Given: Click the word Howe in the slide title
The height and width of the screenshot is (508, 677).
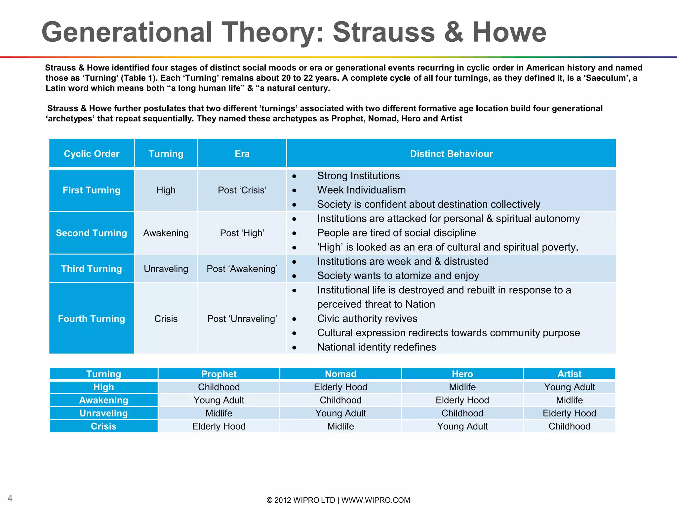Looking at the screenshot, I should click(509, 32).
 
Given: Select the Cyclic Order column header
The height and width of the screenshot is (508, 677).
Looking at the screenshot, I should click(92, 154).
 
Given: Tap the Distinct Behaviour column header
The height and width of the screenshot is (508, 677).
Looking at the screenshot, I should click(451, 154).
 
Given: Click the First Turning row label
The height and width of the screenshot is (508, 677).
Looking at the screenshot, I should click(92, 190).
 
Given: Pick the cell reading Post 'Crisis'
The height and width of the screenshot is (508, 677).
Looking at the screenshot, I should click(242, 190).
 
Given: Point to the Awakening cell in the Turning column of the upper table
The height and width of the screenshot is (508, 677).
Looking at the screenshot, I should click(166, 233).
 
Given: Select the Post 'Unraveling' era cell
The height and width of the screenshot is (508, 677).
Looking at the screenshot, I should click(242, 319).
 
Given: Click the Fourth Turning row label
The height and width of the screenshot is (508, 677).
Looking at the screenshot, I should click(92, 319).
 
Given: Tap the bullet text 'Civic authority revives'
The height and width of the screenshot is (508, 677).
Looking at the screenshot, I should click(367, 318).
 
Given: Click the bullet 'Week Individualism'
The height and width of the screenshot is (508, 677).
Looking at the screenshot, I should click(361, 190).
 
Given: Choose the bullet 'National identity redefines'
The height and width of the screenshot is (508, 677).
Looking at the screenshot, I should click(377, 347).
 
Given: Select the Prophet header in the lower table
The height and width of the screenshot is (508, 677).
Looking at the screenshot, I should click(219, 374).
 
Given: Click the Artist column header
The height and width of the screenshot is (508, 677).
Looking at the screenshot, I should click(569, 374).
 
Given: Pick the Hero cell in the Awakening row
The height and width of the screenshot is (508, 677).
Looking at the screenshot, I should click(462, 400).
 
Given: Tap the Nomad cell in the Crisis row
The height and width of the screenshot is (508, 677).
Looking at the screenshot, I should click(340, 426).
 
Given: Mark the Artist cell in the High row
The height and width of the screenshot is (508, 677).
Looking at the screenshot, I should click(569, 387).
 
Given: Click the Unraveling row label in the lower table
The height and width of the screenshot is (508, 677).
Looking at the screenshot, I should click(103, 413).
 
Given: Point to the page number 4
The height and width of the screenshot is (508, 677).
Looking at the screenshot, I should click(10, 498).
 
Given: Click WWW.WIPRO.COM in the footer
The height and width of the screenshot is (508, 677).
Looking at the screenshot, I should click(376, 500).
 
